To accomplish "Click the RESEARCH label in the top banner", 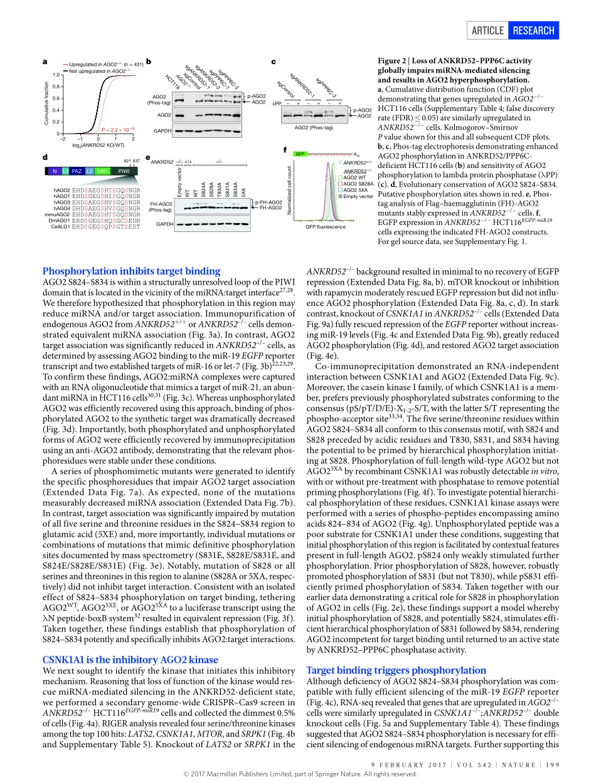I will pyautogui.click(x=533, y=31).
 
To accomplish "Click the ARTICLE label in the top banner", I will pyautogui.click(x=488, y=31).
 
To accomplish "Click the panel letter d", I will pyautogui.click(x=45, y=157).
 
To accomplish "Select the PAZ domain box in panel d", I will pyautogui.click(x=77, y=171).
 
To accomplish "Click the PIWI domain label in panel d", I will pyautogui.click(x=124, y=171).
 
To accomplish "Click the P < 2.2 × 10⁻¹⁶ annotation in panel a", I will pyautogui.click(x=118, y=128).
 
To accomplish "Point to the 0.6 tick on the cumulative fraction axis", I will pyautogui.click(x=55, y=98).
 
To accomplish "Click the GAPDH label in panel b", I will pyautogui.click(x=162, y=131).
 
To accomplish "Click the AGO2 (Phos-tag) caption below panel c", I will pyautogui.click(x=314, y=128).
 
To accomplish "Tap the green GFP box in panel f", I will pyautogui.click(x=300, y=153).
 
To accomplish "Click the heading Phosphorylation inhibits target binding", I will pyautogui.click(x=131, y=271).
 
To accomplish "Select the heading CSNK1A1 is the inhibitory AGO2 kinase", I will pyautogui.click(x=130, y=660).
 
